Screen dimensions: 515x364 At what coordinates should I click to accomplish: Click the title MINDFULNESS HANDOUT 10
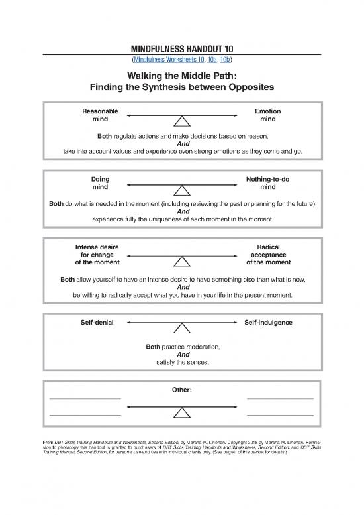(181, 48)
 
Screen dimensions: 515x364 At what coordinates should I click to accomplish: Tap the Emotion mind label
(267, 115)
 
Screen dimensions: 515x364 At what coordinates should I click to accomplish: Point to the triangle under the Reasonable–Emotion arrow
(182, 121)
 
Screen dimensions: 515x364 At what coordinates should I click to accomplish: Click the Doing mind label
(100, 183)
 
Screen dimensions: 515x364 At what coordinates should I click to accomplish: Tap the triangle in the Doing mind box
(182, 190)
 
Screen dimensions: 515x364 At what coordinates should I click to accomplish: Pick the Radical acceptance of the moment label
(267, 255)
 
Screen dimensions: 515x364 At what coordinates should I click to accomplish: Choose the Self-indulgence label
(268, 322)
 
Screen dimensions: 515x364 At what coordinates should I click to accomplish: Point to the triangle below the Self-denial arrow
(182, 327)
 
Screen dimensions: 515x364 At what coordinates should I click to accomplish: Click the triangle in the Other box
(182, 412)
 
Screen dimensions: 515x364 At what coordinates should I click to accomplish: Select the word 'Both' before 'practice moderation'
(153, 347)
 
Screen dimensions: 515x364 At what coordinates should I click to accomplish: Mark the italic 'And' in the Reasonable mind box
(182, 143)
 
